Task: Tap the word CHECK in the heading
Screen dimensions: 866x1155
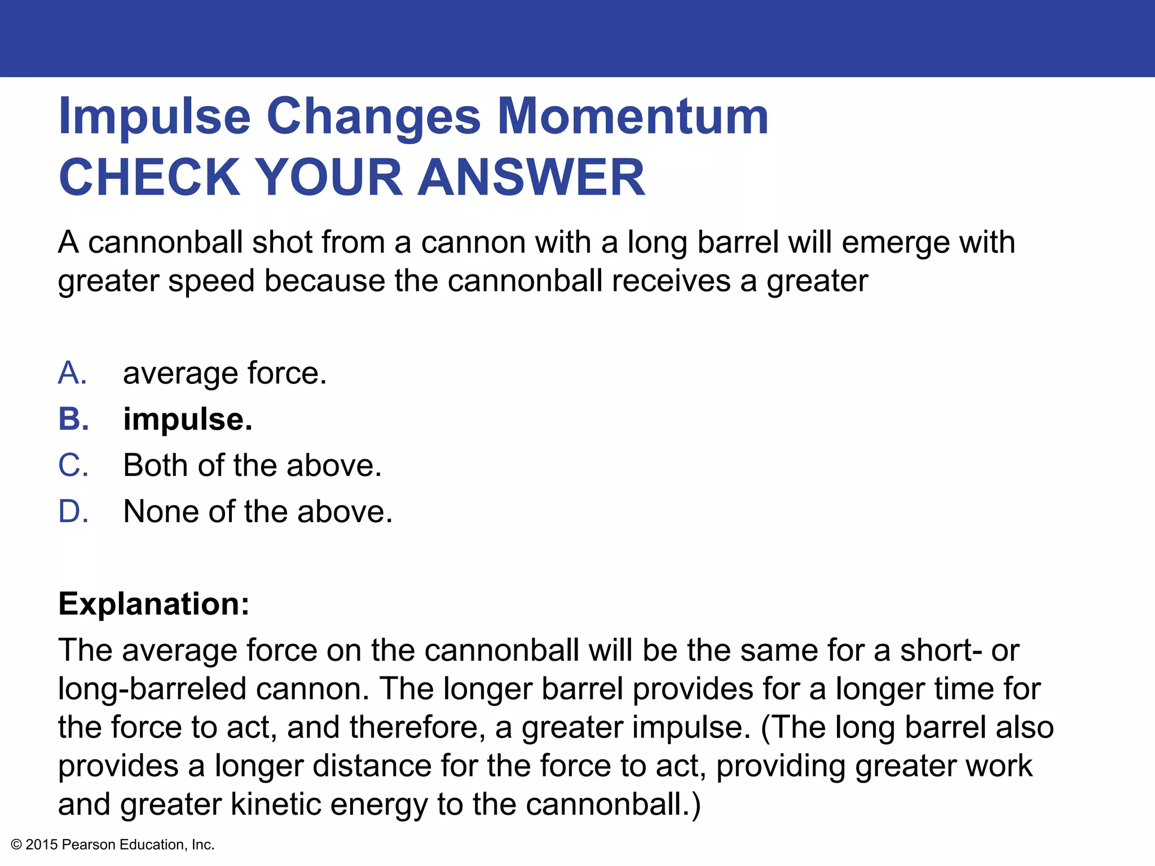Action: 150,177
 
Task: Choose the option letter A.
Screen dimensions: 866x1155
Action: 72,373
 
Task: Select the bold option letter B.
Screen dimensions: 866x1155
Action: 73,419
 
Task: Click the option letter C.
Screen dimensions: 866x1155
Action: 73,466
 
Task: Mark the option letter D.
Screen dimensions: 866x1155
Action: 73,512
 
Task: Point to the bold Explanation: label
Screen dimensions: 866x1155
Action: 154,604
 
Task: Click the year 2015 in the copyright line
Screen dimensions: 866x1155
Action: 42,845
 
